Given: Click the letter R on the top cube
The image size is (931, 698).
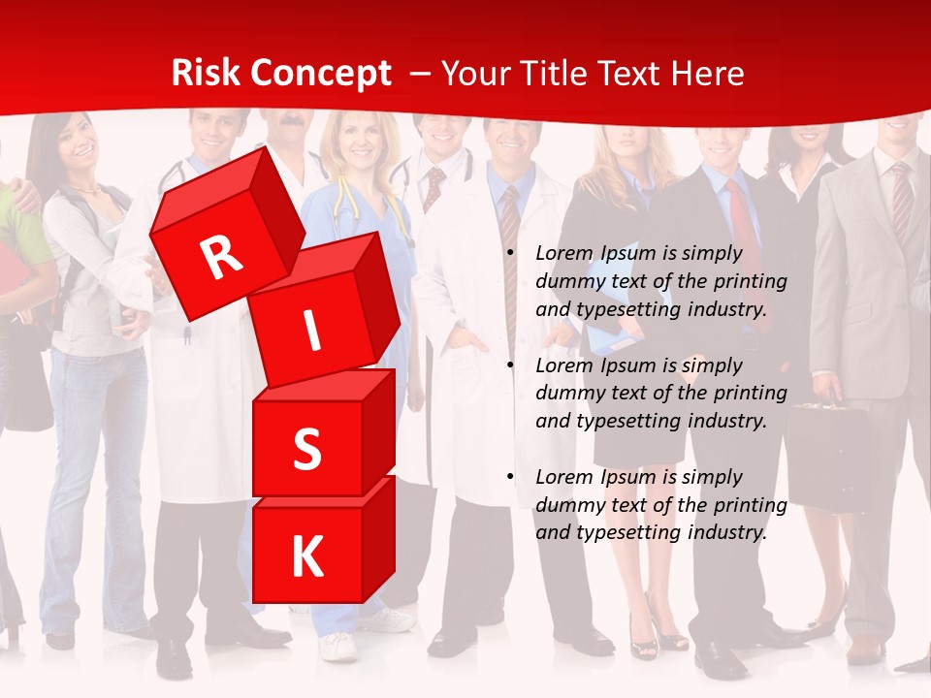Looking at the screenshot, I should [221, 257].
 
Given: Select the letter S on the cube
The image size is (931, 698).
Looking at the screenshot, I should [306, 450].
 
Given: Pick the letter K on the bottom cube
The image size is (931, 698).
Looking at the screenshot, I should [306, 557].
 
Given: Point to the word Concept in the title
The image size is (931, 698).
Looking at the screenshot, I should [321, 73].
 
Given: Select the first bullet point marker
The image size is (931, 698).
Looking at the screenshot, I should [510, 254].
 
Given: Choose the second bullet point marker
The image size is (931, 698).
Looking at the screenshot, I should [510, 365].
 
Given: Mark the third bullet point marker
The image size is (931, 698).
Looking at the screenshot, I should [510, 477].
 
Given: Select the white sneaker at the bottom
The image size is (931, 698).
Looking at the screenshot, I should [339, 646].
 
